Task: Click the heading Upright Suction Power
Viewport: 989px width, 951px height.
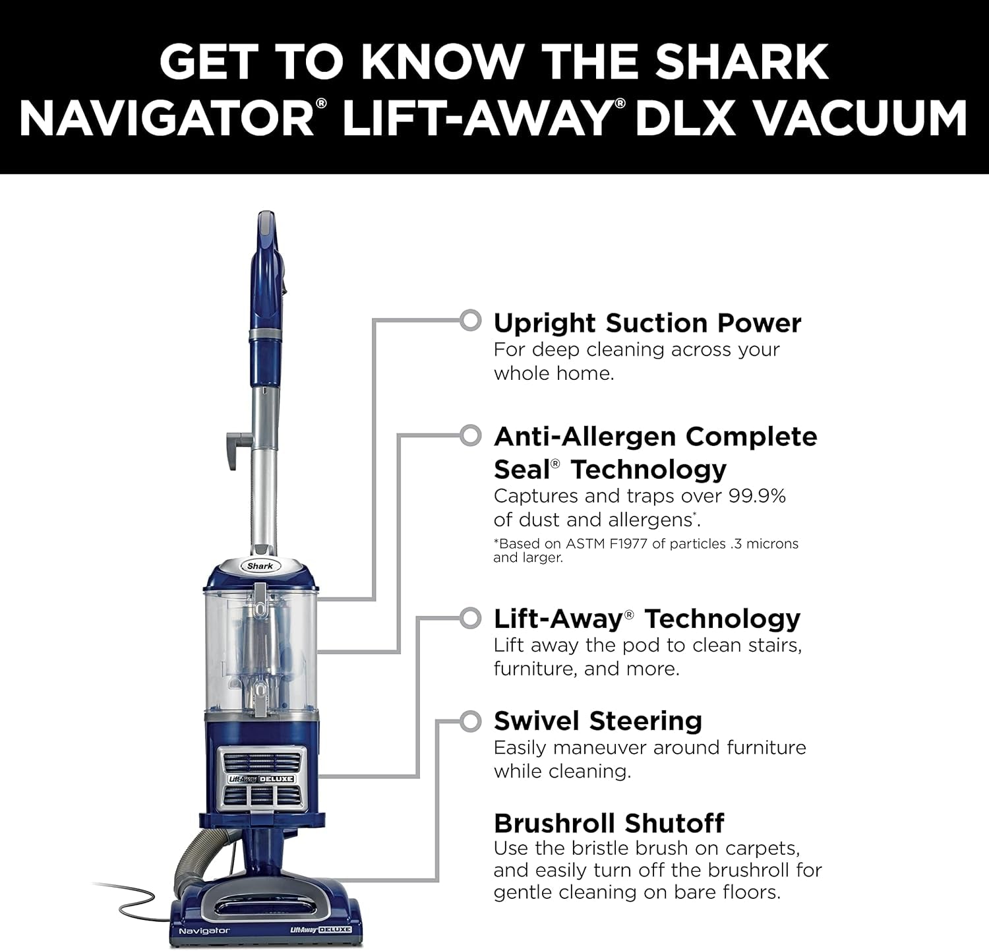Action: pyautogui.click(x=647, y=323)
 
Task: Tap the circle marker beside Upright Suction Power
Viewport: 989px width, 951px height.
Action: pyautogui.click(x=470, y=321)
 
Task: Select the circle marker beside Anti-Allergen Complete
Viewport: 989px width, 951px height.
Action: pyautogui.click(x=470, y=435)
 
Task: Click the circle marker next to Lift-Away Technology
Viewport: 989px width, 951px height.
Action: pyautogui.click(x=470, y=618)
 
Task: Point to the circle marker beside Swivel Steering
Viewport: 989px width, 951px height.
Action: pyautogui.click(x=470, y=721)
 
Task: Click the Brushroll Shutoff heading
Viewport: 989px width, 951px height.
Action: pyautogui.click(x=609, y=823)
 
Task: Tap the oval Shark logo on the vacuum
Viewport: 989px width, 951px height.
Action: pyautogui.click(x=260, y=566)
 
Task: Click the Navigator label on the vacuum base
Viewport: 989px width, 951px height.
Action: pyautogui.click(x=204, y=931)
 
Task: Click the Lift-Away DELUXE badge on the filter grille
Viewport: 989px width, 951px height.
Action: pyautogui.click(x=262, y=779)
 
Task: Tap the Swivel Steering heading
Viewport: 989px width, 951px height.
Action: pyautogui.click(x=597, y=721)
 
